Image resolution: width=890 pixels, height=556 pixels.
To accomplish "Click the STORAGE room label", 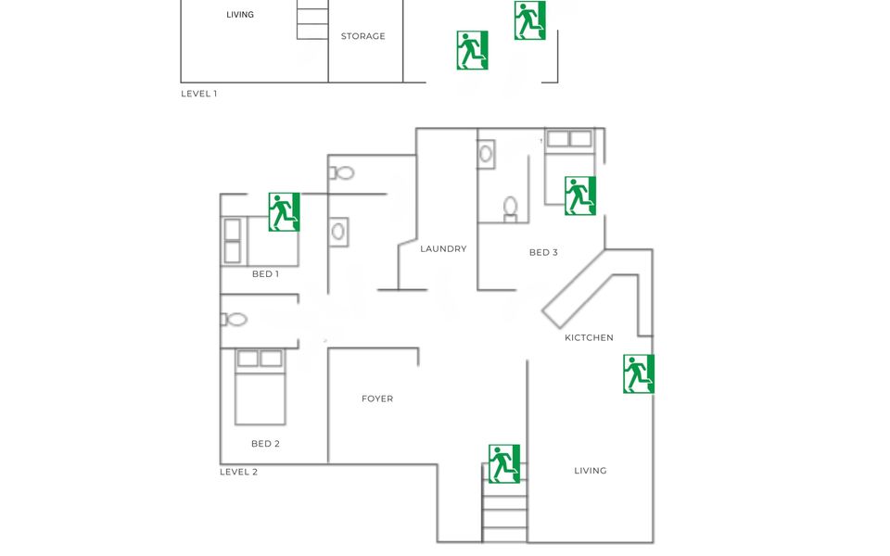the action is pyautogui.click(x=362, y=36).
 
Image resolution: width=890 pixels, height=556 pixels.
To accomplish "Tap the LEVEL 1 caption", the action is pyautogui.click(x=198, y=94).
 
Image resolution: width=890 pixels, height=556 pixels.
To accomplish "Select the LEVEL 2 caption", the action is pyautogui.click(x=238, y=472).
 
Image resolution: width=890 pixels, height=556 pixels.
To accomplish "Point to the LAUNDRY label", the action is pyautogui.click(x=443, y=248).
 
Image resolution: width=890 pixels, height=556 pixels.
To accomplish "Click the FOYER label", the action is pyautogui.click(x=377, y=398).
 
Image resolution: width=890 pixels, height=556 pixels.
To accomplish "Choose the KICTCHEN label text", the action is pyautogui.click(x=589, y=337).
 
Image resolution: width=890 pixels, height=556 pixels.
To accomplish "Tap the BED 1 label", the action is pyautogui.click(x=265, y=273).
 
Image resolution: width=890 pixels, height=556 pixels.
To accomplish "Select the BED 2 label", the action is pyautogui.click(x=265, y=444).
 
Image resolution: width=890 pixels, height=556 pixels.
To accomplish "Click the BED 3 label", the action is pyautogui.click(x=543, y=252).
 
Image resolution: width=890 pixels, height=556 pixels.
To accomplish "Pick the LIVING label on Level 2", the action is pyautogui.click(x=591, y=471).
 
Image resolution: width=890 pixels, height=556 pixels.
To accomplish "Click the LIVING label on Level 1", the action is pyautogui.click(x=240, y=15).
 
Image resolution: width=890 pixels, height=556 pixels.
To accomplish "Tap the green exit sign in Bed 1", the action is pyautogui.click(x=284, y=211).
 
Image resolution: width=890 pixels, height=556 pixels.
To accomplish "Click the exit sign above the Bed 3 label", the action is pyautogui.click(x=580, y=196).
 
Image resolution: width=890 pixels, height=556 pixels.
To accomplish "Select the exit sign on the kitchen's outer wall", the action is pyautogui.click(x=639, y=373).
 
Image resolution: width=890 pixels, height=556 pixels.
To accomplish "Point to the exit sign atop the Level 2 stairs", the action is pyautogui.click(x=504, y=463).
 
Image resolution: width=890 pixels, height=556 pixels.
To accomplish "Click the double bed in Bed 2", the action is pyautogui.click(x=260, y=387).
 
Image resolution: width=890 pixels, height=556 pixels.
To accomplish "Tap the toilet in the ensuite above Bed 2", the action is pyautogui.click(x=234, y=320).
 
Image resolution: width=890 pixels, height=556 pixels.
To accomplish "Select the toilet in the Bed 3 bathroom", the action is pyautogui.click(x=510, y=208).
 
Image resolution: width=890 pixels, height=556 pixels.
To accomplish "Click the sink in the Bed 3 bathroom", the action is pyautogui.click(x=485, y=154).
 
